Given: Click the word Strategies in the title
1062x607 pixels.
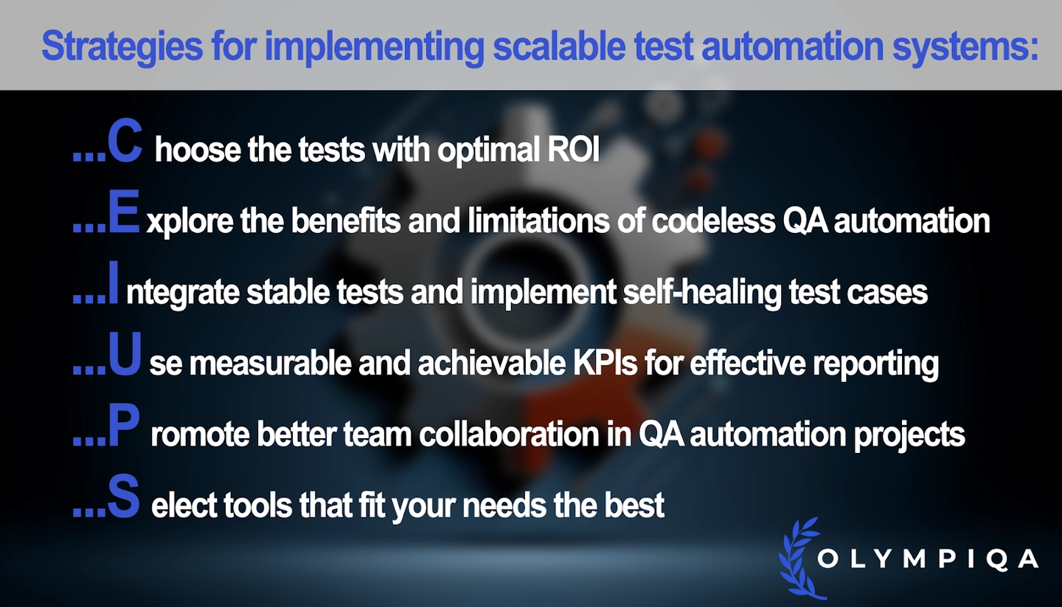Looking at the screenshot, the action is (x=122, y=46).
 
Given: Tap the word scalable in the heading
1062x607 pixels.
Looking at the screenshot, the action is (x=560, y=46).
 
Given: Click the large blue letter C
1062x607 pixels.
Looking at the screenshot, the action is (x=125, y=141).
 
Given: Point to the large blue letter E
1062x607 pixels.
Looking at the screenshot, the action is (x=124, y=212).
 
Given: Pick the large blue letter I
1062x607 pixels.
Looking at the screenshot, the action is (x=113, y=282).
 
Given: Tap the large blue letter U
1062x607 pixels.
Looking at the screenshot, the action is (x=125, y=354).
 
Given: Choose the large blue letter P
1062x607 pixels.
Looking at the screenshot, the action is (x=124, y=425).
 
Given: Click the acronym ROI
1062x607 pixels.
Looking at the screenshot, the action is (x=574, y=150).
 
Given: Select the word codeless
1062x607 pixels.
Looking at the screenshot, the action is (x=714, y=221).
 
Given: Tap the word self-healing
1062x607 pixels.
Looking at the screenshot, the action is (x=702, y=293).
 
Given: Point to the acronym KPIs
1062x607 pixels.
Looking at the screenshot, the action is (x=605, y=364).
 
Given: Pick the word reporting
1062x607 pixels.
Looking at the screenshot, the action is (x=875, y=365).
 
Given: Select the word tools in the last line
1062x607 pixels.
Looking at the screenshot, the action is (x=257, y=505).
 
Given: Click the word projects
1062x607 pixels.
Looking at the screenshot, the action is (x=909, y=436).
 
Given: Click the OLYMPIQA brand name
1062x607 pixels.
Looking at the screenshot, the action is (x=929, y=559).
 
